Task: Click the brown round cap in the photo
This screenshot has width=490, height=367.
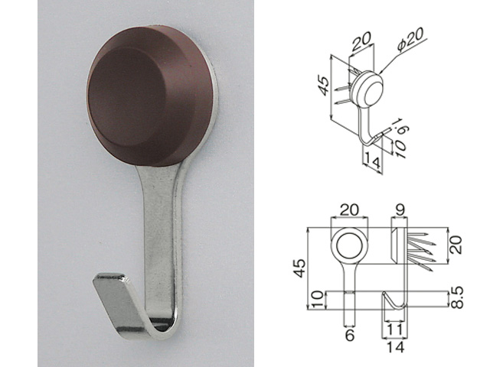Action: click(x=149, y=94)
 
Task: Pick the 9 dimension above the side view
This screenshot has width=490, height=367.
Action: click(x=400, y=210)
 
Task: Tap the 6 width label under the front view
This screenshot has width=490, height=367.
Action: click(x=350, y=336)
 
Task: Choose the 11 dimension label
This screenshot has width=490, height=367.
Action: click(x=395, y=330)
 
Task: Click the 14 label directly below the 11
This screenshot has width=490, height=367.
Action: click(x=395, y=346)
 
